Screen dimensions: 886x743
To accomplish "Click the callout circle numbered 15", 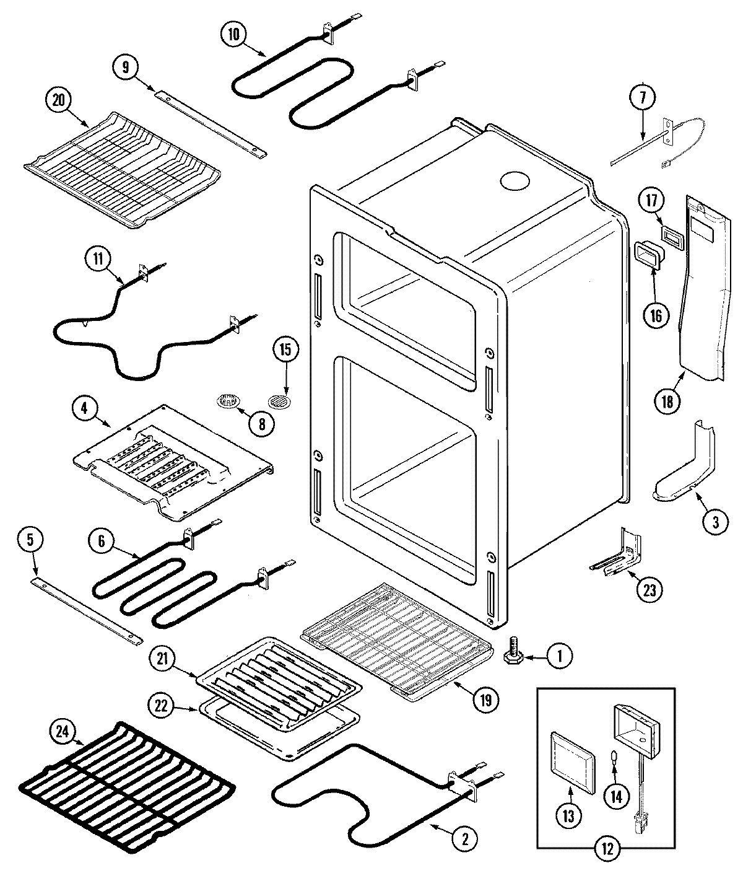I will click(285, 350).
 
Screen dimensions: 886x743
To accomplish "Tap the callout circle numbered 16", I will click(656, 315).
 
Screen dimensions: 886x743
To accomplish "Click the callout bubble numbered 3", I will click(715, 521).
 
